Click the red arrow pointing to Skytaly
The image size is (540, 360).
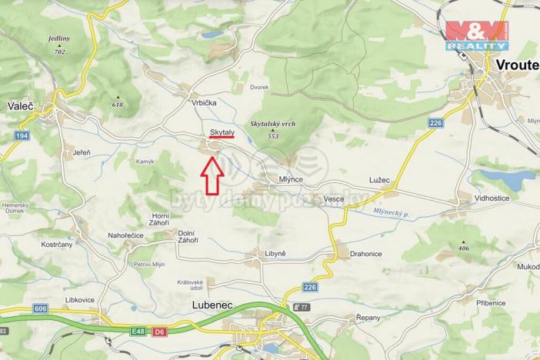(212, 175)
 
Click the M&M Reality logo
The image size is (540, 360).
(475, 35)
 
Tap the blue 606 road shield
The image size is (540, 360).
(39, 308)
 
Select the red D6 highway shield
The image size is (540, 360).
(158, 332)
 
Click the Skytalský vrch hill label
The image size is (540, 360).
(273, 128)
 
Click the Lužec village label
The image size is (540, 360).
(379, 180)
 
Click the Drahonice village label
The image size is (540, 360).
(366, 254)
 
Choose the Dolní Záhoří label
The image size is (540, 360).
(187, 237)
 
